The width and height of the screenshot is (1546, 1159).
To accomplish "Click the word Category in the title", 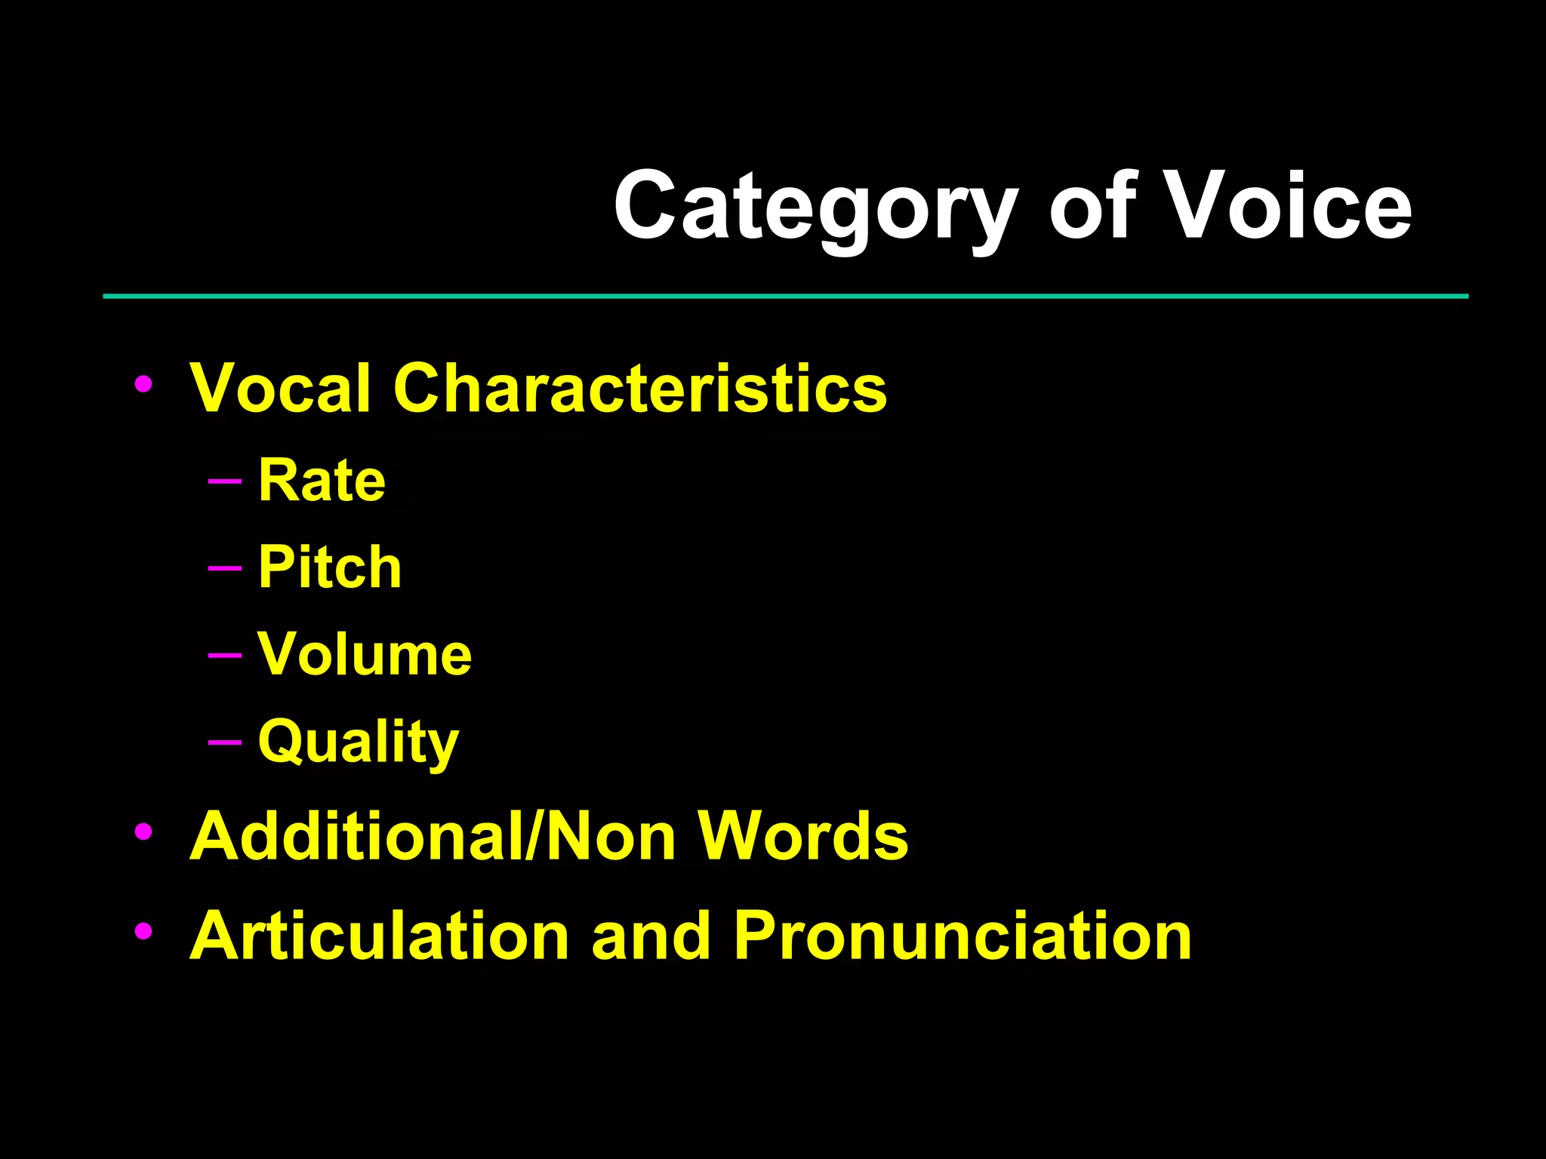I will point(815,208).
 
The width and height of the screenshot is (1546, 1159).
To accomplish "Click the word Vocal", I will point(280,388).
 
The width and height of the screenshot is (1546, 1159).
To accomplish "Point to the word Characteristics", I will point(639,388).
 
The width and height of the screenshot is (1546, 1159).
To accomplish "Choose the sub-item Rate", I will point(322,481).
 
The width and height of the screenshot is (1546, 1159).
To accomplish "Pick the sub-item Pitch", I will point(330,567).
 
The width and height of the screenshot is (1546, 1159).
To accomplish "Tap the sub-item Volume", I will point(365,654).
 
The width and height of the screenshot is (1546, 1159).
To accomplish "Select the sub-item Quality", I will point(359,742).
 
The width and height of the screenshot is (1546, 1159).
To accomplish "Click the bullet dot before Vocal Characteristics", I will point(143,385).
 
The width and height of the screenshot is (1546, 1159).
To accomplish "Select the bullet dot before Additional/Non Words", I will point(143,832).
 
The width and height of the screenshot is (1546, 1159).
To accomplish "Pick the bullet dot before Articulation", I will point(143,932).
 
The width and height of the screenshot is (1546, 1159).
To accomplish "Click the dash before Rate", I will point(224,481).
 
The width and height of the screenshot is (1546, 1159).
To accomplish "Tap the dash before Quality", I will point(224,742).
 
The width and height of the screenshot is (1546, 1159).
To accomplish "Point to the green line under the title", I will point(785,297).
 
